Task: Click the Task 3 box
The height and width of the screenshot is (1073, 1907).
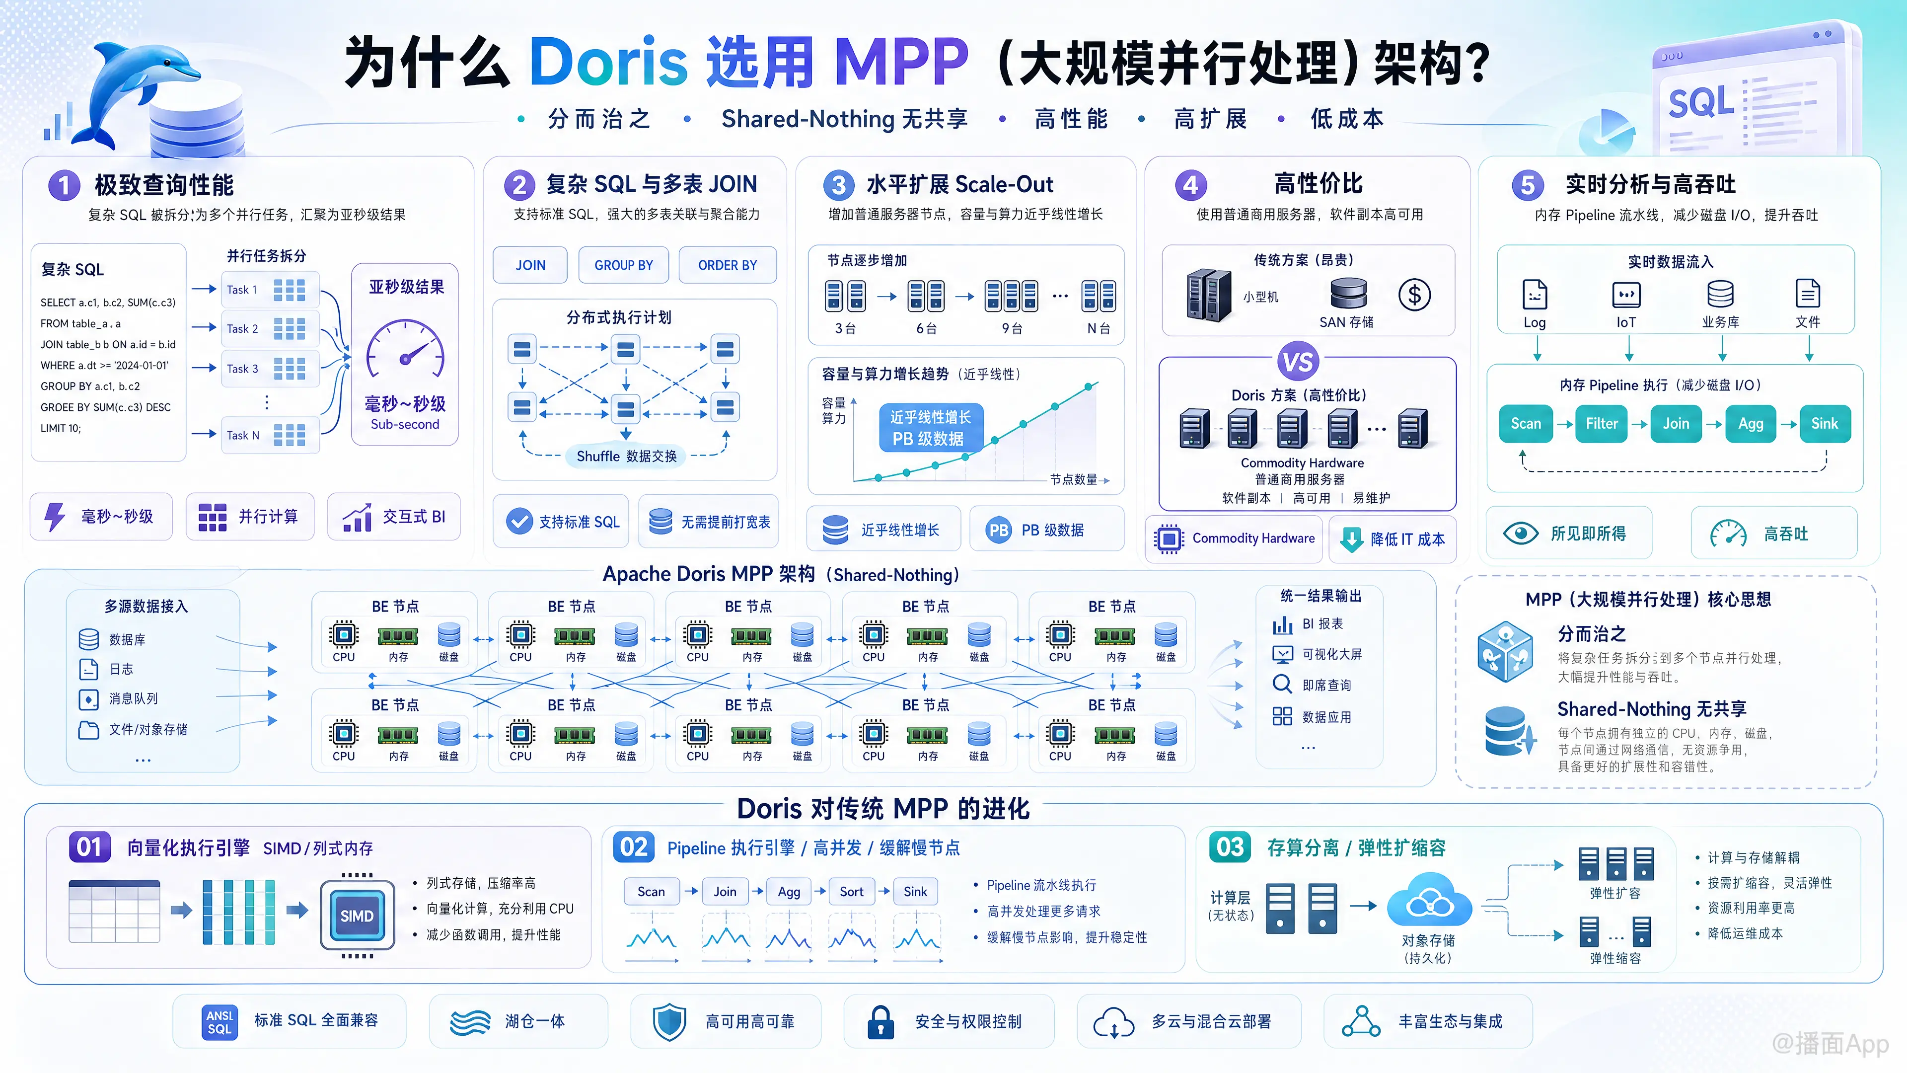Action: [270, 368]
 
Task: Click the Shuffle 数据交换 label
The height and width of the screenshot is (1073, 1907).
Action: [626, 456]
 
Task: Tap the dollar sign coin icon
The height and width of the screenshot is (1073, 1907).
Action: [1414, 295]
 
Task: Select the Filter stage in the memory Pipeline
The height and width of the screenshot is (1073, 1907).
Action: [1601, 424]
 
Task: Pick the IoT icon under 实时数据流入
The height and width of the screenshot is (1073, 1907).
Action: [1626, 295]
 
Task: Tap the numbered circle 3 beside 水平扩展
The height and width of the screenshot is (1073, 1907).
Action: [838, 184]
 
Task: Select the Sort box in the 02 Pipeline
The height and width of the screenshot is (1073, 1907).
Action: [851, 892]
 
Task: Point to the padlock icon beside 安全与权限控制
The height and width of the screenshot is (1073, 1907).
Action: [880, 1022]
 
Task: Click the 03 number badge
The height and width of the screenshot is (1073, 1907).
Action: [1230, 847]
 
